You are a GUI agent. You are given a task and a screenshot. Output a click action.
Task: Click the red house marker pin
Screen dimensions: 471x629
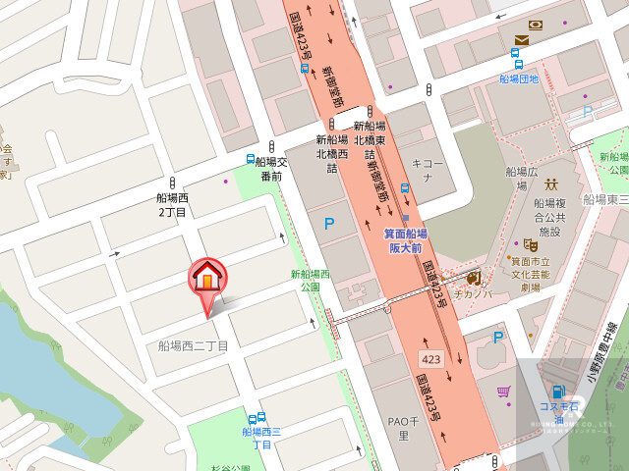tap(206, 280)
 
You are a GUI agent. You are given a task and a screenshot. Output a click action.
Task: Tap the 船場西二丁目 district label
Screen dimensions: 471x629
tap(193, 345)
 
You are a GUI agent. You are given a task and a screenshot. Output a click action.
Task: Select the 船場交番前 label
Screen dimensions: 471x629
tap(271, 170)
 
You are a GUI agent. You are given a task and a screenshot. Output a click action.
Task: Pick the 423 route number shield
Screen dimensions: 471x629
tap(431, 359)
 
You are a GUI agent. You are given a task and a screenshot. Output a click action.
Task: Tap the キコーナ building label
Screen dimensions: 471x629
tap(421, 172)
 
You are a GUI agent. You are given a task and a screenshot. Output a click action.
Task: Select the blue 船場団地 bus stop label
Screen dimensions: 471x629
tap(519, 78)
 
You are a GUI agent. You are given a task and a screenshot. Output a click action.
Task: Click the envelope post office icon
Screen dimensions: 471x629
tap(520, 40)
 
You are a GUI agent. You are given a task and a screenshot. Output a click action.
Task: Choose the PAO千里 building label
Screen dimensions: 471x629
tap(397, 428)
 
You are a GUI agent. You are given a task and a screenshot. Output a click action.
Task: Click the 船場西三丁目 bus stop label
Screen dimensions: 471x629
tap(262, 438)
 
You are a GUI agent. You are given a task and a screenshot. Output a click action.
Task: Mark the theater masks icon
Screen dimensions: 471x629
tap(532, 244)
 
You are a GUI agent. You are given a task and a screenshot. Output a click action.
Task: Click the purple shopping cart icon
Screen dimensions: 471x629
tap(503, 392)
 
